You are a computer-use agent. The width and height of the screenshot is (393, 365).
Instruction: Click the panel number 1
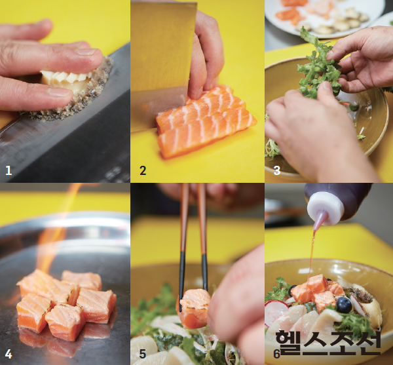tap(9, 171)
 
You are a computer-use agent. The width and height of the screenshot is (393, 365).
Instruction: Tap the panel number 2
tap(143, 171)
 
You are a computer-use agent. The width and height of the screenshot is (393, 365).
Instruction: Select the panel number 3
tap(276, 171)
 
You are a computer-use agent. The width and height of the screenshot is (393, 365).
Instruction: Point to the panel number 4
tap(9, 354)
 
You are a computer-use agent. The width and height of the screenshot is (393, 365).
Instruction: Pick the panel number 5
tap(143, 354)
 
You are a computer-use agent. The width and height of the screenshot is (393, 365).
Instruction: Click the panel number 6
tap(276, 354)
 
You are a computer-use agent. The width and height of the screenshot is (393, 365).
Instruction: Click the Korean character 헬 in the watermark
tap(289, 342)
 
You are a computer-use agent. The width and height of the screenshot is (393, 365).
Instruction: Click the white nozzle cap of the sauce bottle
tap(324, 209)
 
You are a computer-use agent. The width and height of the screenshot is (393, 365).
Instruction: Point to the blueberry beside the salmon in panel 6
tap(344, 305)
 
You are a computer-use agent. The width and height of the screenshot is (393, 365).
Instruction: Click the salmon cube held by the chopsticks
tap(194, 309)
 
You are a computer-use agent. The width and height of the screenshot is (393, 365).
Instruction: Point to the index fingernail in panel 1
tap(86, 52)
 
